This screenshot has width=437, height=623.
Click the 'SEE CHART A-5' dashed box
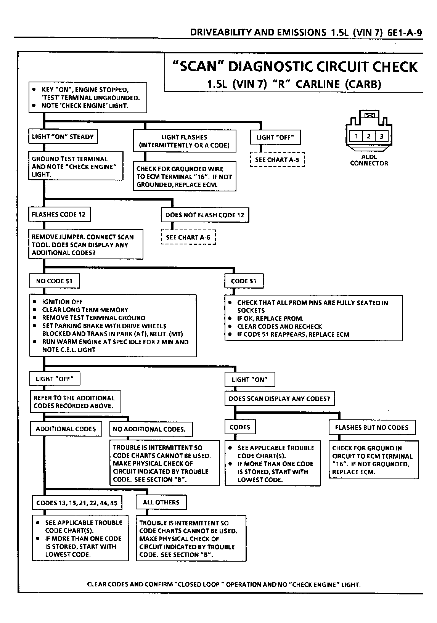tap(277, 159)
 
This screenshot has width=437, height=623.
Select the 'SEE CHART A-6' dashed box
tap(188, 237)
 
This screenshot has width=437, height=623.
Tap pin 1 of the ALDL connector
tap(356, 136)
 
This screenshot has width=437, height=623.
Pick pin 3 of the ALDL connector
tap(382, 136)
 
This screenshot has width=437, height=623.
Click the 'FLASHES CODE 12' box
tap(59, 214)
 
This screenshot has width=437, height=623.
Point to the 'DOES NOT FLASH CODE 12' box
tap(205, 215)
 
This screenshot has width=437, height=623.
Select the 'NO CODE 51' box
tap(55, 281)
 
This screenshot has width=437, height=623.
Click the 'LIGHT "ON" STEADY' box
tap(63, 136)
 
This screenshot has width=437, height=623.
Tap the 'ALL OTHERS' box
tap(161, 502)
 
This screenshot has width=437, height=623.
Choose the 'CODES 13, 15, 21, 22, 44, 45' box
tap(77, 503)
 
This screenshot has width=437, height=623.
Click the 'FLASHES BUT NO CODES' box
tap(372, 427)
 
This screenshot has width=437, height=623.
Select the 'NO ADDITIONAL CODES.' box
tap(151, 429)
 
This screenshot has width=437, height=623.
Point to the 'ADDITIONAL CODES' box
tap(66, 429)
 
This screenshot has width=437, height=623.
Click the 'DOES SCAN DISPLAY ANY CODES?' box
tap(280, 398)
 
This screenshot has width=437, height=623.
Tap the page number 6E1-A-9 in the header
tap(405, 32)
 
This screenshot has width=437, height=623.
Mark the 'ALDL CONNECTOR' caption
tap(369, 160)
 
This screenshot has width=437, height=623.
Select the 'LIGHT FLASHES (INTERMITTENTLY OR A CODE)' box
tap(185, 141)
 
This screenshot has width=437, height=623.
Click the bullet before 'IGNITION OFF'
tap(34, 302)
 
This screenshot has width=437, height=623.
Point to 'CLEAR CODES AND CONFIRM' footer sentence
tap(223, 584)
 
